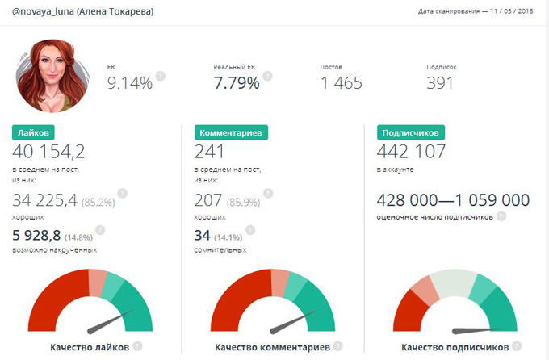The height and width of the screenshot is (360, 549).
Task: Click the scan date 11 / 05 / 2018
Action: click(509, 12)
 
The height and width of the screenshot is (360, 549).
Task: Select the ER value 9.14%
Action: click(129, 82)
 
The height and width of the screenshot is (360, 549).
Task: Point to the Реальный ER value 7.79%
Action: click(236, 82)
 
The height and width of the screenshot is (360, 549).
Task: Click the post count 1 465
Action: click(341, 82)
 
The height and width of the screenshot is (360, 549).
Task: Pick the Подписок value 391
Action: click(440, 82)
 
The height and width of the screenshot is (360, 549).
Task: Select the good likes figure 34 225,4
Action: click(45, 200)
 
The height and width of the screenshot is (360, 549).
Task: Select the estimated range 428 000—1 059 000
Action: click(453, 200)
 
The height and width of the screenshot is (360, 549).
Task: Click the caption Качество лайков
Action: click(90, 348)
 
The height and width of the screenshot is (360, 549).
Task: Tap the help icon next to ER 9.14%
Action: click(161, 76)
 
